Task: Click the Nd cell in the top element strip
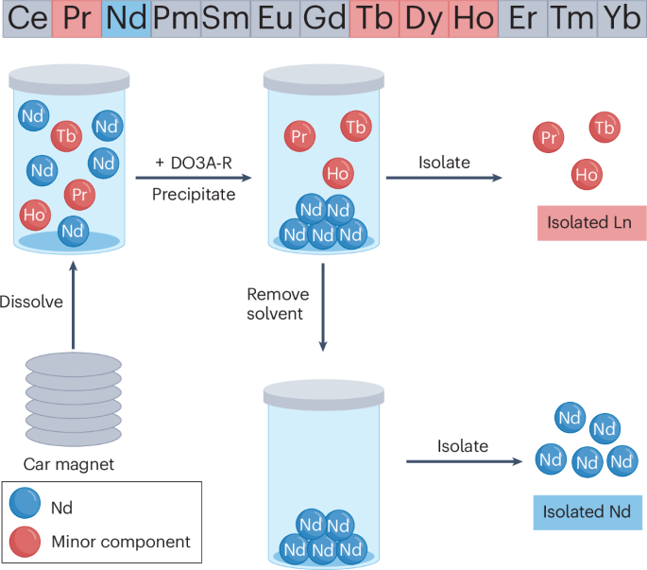pos(126,19)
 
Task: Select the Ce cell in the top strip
pos(26,19)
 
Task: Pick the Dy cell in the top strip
pos(424,19)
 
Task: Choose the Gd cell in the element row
pos(324,19)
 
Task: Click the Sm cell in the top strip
pos(225,19)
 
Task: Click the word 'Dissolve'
pos(30,302)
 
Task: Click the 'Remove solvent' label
pos(276,305)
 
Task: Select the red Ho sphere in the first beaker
pos(35,215)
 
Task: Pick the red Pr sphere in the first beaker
pos(79,194)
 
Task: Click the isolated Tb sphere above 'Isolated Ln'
pos(604,127)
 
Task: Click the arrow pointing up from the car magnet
pos(72,302)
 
